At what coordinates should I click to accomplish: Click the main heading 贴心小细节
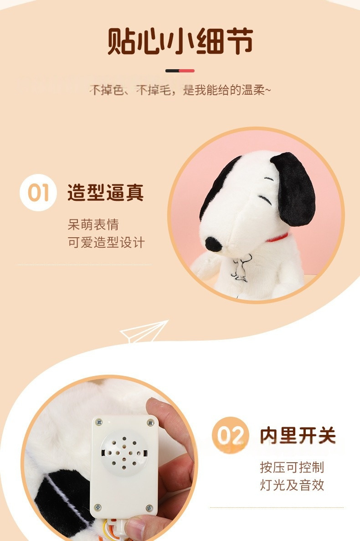click(180, 41)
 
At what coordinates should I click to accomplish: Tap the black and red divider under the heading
click(180, 71)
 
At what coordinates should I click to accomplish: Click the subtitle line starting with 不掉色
click(180, 90)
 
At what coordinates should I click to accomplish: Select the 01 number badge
click(38, 193)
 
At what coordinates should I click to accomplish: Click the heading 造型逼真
click(106, 193)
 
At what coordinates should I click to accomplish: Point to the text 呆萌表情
click(93, 225)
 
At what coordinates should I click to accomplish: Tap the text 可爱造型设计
click(106, 243)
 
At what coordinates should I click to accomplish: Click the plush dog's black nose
click(213, 244)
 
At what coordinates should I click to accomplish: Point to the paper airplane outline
click(144, 332)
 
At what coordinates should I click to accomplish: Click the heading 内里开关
click(298, 435)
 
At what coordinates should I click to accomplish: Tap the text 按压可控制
click(292, 467)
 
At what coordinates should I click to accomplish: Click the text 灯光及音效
click(292, 485)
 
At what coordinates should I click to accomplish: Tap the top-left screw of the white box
click(99, 422)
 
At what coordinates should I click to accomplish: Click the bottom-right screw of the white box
click(149, 508)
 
